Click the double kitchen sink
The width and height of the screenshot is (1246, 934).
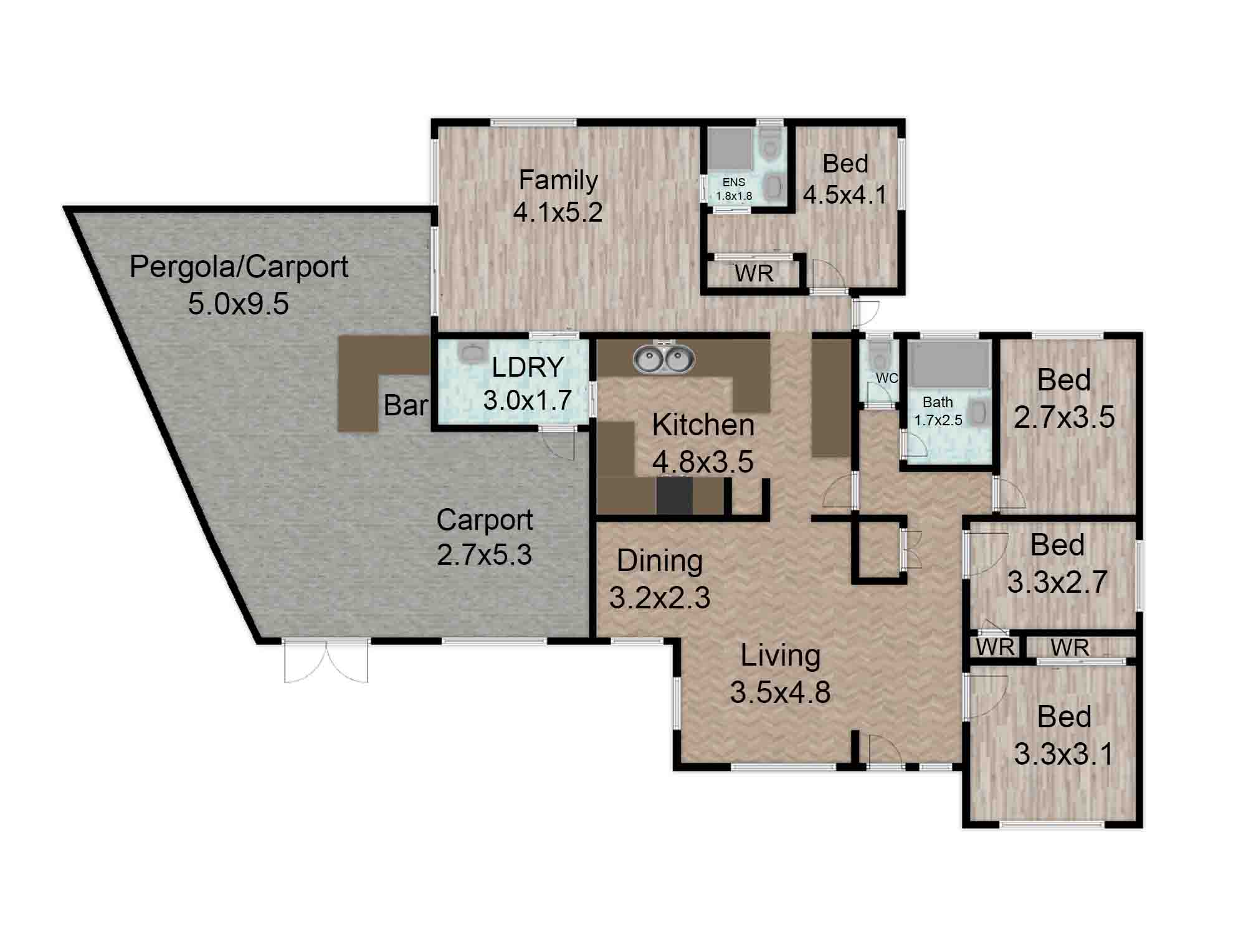click(663, 359)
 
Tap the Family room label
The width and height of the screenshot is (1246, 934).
click(558, 180)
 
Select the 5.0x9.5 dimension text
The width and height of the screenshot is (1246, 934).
click(239, 304)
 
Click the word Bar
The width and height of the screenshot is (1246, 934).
click(406, 405)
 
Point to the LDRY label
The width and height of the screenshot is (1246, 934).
click(528, 367)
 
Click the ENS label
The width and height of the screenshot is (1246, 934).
click(734, 182)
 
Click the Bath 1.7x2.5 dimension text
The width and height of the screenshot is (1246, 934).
click(938, 420)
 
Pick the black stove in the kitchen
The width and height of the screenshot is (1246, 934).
click(675, 495)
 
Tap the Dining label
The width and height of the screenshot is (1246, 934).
click(660, 561)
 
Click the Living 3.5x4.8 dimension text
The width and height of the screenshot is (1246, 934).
click(781, 692)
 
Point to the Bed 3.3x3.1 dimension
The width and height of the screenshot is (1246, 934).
click(1063, 754)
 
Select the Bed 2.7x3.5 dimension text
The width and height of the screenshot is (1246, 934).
click(1064, 417)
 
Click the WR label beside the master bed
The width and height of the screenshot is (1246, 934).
click(754, 273)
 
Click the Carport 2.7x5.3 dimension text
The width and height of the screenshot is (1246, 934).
click(485, 554)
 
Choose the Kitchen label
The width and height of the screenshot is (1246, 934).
click(703, 425)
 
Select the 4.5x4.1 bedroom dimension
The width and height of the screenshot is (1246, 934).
click(845, 195)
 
